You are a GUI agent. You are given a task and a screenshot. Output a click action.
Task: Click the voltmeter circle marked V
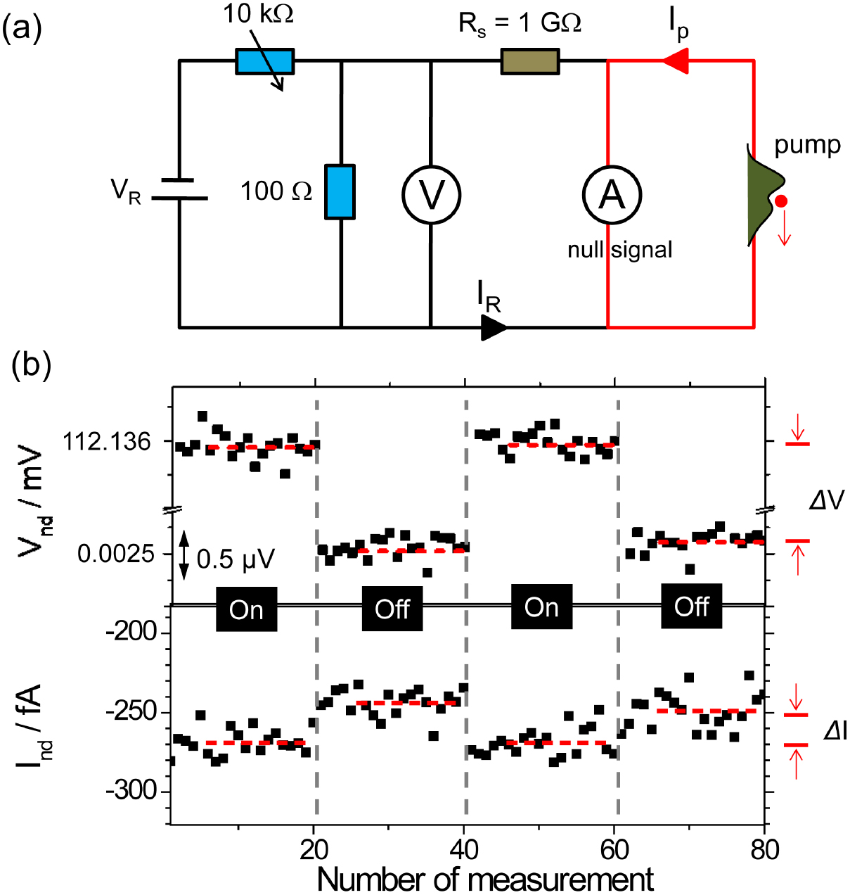click(431, 194)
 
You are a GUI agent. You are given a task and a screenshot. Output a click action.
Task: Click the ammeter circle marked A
click(612, 194)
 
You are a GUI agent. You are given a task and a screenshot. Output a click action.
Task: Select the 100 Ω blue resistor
click(340, 192)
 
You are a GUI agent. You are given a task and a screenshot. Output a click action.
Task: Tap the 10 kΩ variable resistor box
click(264, 61)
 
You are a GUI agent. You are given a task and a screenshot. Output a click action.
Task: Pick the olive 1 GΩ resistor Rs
click(530, 61)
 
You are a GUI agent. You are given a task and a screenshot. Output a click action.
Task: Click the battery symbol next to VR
click(179, 189)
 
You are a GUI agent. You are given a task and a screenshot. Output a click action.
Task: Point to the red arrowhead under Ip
click(676, 61)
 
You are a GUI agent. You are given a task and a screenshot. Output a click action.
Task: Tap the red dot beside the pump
click(781, 202)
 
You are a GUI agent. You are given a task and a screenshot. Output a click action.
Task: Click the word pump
click(807, 145)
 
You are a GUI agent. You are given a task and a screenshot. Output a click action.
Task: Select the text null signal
click(619, 250)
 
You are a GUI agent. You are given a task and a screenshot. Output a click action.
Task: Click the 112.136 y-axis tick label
click(107, 442)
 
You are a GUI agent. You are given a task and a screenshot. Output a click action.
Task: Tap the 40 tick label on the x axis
click(464, 850)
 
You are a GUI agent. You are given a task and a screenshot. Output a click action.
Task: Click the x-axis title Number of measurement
click(485, 880)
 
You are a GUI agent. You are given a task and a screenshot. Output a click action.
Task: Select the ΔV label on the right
click(826, 500)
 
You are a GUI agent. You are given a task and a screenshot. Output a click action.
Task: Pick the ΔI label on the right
click(835, 732)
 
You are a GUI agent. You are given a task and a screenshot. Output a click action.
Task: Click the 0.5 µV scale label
click(236, 559)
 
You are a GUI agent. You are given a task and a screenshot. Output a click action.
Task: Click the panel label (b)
click(32, 367)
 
